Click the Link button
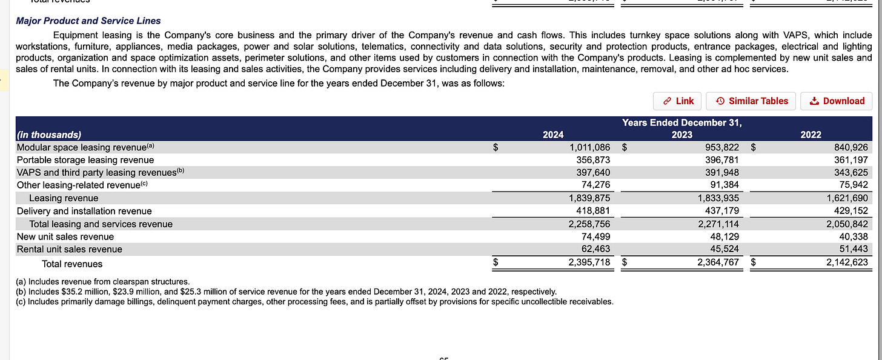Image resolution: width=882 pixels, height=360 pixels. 678,101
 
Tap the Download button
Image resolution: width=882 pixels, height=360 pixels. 837,101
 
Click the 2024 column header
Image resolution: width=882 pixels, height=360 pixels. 552,135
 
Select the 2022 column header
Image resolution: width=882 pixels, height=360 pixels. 811,135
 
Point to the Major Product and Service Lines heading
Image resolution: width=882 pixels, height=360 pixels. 88,21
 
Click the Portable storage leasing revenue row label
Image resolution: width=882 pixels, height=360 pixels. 85,160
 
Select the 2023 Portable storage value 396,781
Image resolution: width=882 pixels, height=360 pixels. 718,160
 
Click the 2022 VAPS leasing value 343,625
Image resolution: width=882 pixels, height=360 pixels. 847,173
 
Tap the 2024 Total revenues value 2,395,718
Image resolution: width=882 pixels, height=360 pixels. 589,263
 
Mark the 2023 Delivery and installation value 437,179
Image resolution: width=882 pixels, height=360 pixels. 718,211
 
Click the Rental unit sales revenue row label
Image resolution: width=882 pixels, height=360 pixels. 70,249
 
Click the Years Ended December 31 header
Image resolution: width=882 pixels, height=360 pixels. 681,123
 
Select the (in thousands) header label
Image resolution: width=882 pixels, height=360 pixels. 49,135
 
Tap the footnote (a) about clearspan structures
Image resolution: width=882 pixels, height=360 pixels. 103,282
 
